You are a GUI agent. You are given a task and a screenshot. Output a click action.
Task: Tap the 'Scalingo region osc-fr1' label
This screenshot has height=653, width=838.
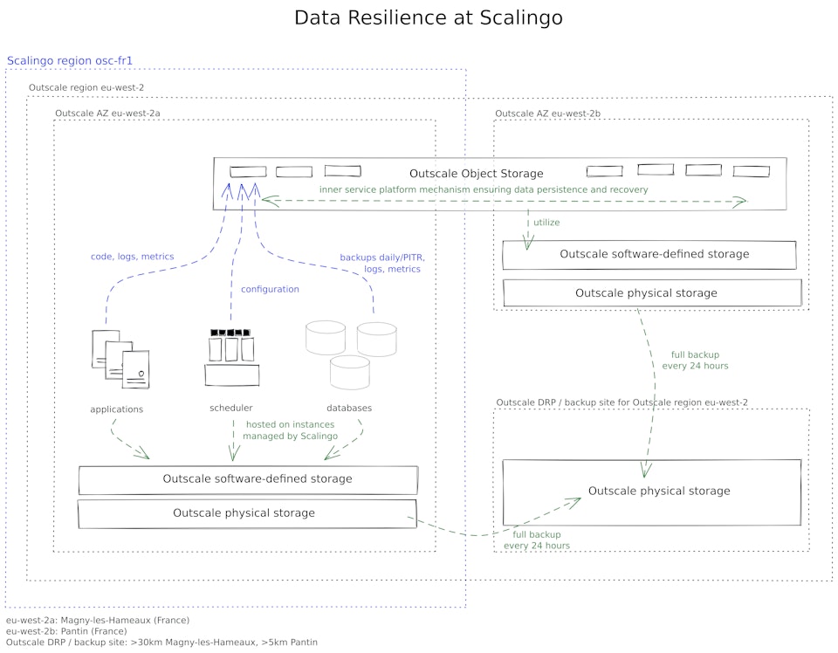[x=69, y=61]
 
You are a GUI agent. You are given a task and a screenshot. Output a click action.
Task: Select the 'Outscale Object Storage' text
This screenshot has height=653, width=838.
[x=476, y=174]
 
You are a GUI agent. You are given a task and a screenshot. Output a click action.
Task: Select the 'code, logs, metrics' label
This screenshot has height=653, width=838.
[x=132, y=257]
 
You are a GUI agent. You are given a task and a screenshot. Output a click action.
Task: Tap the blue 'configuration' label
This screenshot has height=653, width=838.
[x=270, y=289]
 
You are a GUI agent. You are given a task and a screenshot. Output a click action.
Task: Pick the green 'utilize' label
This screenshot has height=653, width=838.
[x=546, y=223]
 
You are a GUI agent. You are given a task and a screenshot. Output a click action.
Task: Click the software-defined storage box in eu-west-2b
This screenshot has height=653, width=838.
[x=650, y=255]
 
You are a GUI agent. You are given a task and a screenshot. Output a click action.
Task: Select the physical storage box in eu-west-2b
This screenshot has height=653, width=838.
[x=651, y=293]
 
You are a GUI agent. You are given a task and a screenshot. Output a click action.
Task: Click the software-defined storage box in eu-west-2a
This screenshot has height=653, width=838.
[x=248, y=479]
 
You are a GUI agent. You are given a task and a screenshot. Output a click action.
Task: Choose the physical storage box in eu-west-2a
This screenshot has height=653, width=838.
[x=247, y=513]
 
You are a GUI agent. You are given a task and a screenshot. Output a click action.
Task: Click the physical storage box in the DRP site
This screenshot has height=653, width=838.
[x=652, y=491]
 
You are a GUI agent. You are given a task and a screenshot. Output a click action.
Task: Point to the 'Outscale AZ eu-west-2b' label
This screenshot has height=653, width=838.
[x=547, y=113]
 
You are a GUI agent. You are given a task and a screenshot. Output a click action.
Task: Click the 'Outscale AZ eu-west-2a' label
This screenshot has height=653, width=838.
[x=107, y=113]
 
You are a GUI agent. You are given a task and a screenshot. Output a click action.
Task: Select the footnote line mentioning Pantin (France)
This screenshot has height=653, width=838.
[x=66, y=630]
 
